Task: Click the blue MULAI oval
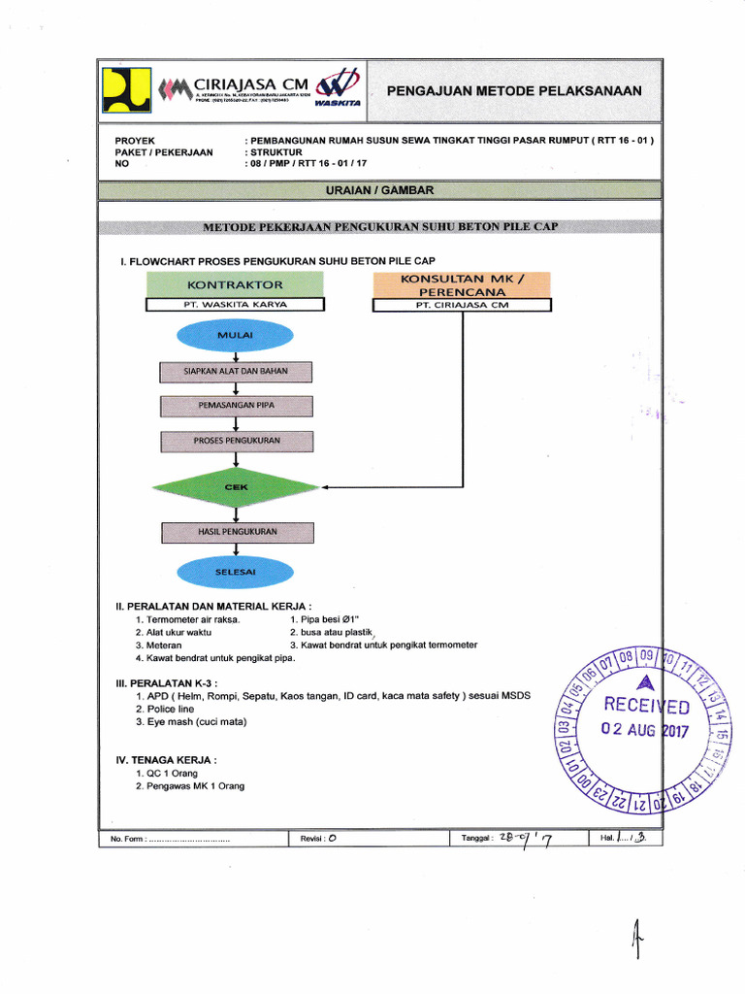236,335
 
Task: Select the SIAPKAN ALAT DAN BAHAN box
236,371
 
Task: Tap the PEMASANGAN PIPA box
236,406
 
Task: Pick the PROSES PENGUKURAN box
236,441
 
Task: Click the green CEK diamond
236,487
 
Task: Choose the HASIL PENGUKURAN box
236,532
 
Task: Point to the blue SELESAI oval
236,572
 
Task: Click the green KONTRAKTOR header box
236,284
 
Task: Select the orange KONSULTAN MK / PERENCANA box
462,284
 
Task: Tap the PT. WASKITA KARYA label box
236,305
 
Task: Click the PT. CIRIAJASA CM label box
462,305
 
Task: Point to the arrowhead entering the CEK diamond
325,487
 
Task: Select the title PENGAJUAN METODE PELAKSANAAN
514,91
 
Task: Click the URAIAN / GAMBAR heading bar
379,191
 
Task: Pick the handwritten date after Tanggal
528,840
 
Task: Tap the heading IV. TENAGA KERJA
166,760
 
